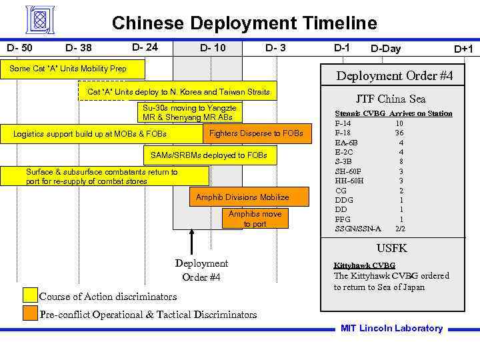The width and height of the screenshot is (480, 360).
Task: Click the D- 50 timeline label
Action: click(19, 48)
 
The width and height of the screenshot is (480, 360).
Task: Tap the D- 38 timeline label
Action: click(79, 48)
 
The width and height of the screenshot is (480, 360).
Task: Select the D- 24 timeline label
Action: click(145, 47)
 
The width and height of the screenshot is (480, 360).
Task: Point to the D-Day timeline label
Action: click(386, 48)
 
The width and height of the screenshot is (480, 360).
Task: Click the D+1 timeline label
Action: click(463, 49)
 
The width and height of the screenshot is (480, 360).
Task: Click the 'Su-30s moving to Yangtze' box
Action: click(190, 112)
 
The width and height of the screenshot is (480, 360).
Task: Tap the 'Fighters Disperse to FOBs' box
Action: click(256, 133)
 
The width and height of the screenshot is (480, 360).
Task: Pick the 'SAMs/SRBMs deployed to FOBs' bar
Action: click(209, 155)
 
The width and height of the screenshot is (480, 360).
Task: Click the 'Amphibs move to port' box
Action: click(255, 219)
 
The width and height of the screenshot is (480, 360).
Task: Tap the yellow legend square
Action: click(30, 295)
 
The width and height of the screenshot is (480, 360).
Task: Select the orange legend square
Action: click(30, 313)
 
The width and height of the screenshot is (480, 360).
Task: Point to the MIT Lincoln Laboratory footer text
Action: click(391, 328)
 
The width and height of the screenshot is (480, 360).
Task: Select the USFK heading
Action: click(392, 248)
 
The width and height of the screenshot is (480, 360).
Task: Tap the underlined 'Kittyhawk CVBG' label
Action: click(364, 265)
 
